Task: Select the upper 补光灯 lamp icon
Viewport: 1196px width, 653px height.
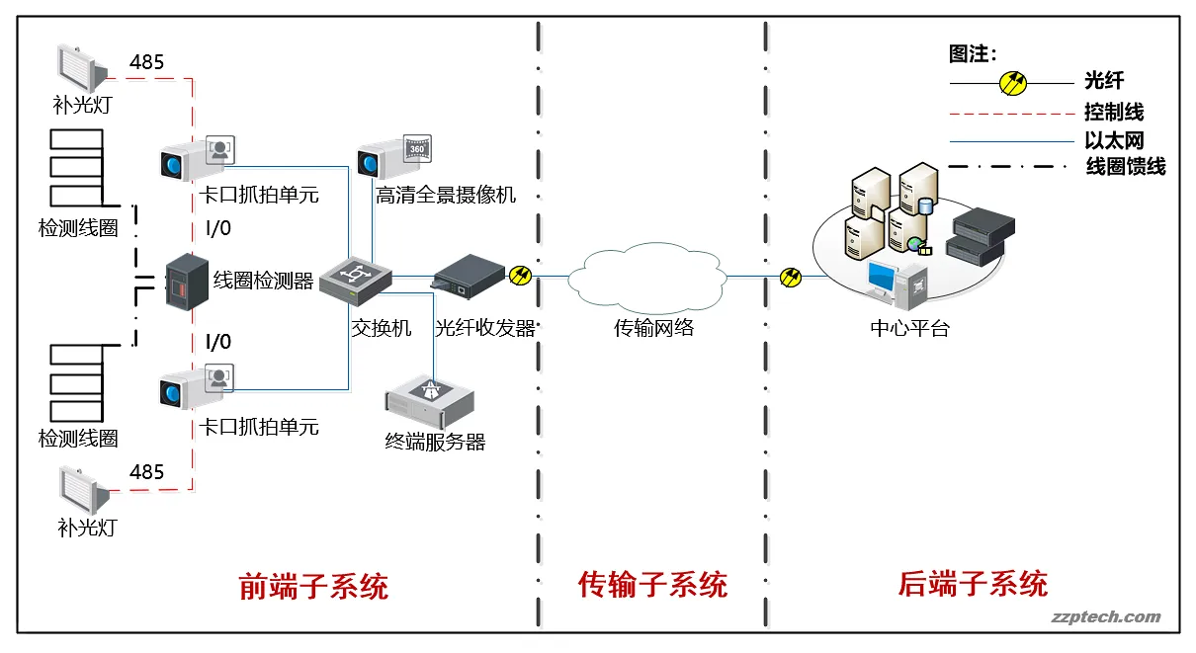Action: click(x=82, y=67)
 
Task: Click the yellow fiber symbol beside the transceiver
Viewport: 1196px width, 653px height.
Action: click(x=521, y=276)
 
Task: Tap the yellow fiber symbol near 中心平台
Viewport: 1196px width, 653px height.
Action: click(x=791, y=278)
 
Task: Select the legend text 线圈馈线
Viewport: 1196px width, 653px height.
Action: click(x=1126, y=167)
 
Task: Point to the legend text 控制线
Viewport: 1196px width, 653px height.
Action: click(x=1114, y=113)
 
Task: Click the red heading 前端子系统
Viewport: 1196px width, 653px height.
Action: click(x=314, y=586)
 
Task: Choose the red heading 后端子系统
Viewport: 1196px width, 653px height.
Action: click(x=973, y=584)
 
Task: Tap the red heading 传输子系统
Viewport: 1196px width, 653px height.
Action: click(x=653, y=585)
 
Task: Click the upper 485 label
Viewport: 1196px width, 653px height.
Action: click(x=146, y=62)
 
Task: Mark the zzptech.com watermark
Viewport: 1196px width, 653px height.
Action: click(x=1105, y=617)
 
